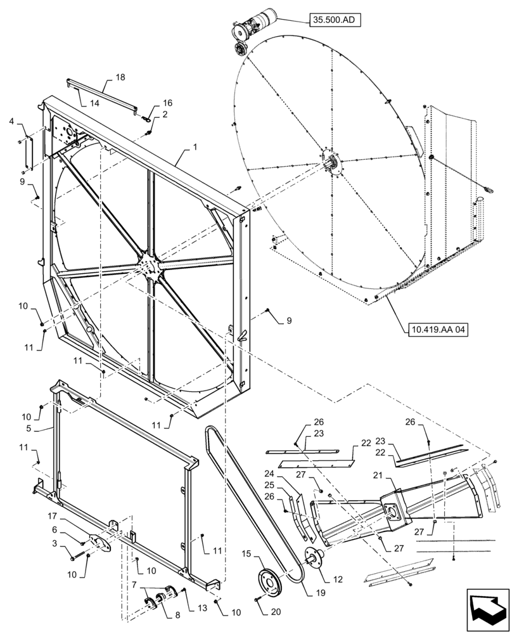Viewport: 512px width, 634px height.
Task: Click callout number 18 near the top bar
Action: point(120,77)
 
